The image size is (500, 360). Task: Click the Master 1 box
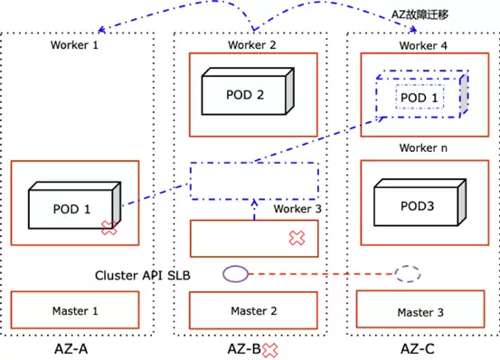[x=75, y=309]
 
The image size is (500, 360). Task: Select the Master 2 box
[x=253, y=310]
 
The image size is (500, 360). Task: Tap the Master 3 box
[x=420, y=309]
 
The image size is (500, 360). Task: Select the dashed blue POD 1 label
[x=420, y=98]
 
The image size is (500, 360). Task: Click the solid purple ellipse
[x=236, y=274]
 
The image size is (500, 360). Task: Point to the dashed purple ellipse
[x=408, y=274]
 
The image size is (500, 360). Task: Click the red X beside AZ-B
[x=269, y=350]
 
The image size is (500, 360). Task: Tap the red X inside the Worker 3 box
[x=297, y=238]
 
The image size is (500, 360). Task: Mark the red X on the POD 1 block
[x=109, y=228]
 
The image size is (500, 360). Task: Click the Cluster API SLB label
[x=143, y=275]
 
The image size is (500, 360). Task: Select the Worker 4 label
[x=423, y=45]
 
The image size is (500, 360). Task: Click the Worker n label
[x=423, y=147]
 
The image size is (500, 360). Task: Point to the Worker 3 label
[x=297, y=209]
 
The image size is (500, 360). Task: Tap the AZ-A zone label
[x=71, y=349]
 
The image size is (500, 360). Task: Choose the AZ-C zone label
[x=418, y=349]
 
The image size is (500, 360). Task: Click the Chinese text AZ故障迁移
[x=420, y=14]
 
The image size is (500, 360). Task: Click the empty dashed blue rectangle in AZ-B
[x=254, y=163]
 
